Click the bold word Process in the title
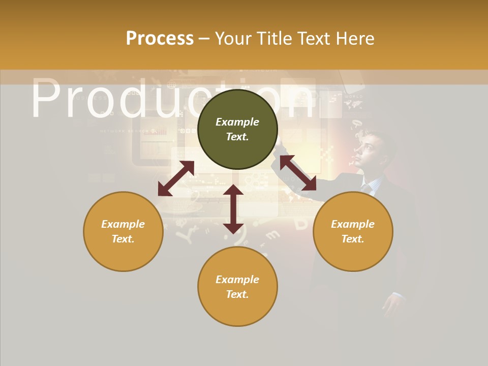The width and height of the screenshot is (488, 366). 160,39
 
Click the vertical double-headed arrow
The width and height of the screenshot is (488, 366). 233,209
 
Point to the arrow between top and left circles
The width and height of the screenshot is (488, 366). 176,178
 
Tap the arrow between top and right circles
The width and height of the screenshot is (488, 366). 298,173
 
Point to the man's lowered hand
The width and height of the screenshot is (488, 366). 394,304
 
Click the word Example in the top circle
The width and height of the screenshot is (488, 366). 237,122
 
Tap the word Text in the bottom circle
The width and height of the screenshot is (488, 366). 237,294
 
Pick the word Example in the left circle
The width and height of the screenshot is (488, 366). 123,224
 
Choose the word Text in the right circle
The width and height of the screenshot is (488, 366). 352,239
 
